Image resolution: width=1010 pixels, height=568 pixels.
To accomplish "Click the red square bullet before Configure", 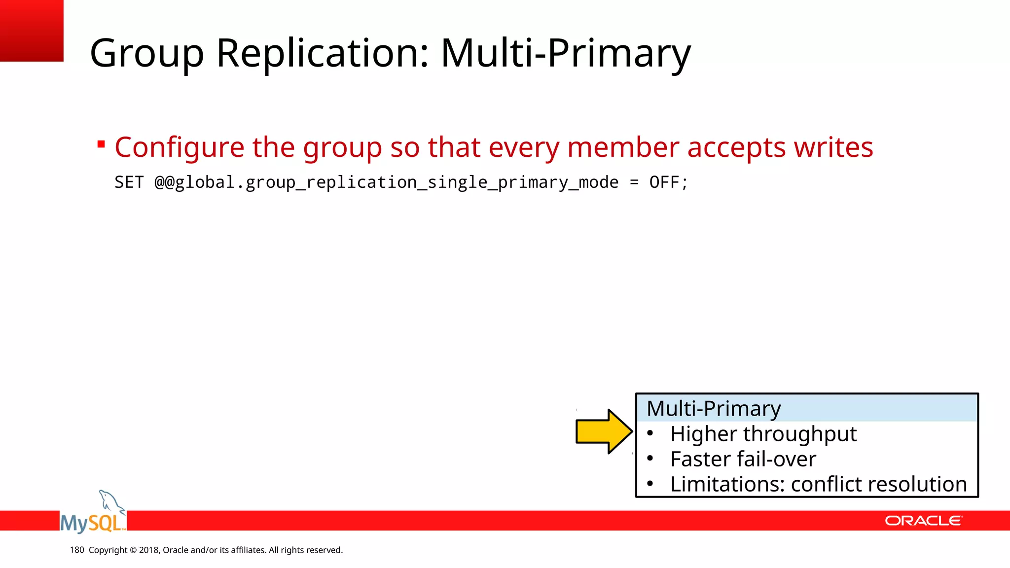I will coord(101,144).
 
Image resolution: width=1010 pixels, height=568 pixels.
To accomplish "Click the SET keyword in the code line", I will coord(129,182).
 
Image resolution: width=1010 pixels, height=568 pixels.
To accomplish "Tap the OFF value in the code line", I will coord(664,182).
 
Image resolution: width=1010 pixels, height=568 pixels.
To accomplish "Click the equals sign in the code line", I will coord(634,182).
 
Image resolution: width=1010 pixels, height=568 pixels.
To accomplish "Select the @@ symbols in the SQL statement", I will coord(164,182).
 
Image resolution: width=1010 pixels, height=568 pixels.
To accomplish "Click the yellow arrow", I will coord(604,431).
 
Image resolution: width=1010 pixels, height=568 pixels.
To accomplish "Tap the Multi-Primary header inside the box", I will coord(713,409).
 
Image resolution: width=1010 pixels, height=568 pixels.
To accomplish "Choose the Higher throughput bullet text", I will coord(763,434).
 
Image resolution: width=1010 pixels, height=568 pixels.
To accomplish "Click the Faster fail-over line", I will coord(743,459).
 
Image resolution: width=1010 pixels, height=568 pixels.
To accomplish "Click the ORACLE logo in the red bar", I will coord(923,521).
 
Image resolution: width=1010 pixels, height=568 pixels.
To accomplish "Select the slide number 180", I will coord(77,550).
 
